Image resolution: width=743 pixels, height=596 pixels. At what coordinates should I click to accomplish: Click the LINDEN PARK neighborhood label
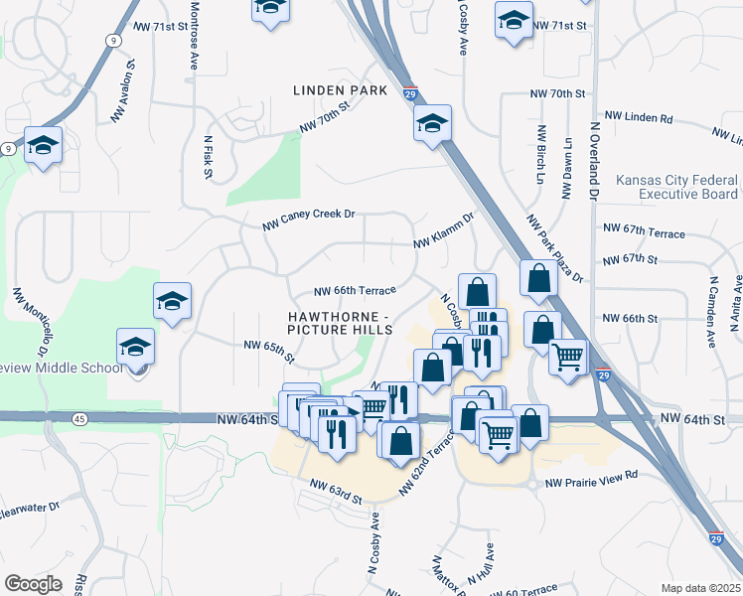[340, 90]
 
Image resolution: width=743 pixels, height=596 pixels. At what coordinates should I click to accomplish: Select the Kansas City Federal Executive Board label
[676, 188]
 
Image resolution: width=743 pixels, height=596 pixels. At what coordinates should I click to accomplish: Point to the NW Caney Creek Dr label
[308, 220]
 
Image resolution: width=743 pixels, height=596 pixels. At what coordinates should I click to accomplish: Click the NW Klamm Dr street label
[444, 235]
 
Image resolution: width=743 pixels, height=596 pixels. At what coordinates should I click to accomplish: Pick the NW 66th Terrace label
[355, 290]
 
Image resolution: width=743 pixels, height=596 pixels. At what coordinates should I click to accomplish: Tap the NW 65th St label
[270, 350]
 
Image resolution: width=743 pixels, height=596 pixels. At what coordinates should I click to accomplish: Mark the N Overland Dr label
[593, 162]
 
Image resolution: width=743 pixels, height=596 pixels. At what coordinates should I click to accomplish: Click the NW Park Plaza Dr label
[552, 248]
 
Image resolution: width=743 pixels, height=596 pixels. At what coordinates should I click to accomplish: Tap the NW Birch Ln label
[541, 154]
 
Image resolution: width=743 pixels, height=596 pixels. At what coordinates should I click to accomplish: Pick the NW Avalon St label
[123, 91]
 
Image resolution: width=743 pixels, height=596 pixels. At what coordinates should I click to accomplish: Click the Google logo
[33, 584]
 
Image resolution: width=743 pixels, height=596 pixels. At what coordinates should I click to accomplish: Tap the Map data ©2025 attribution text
[699, 588]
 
